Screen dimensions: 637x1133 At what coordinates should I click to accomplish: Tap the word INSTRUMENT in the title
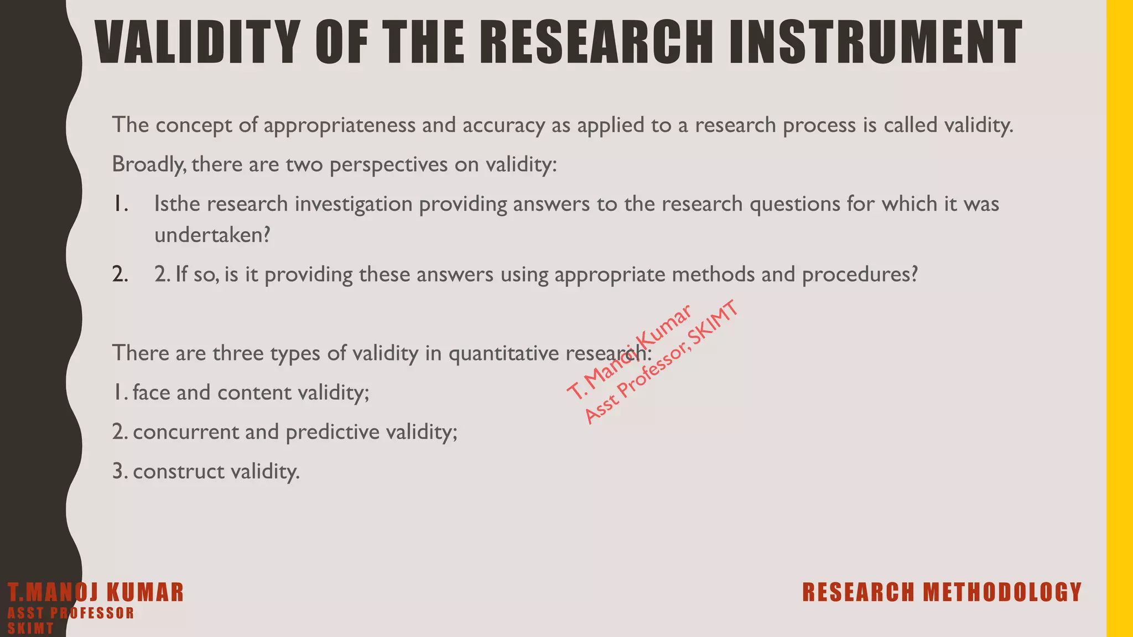point(875,43)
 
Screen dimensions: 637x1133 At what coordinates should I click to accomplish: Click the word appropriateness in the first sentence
point(339,125)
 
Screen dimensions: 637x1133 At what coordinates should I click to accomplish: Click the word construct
point(178,472)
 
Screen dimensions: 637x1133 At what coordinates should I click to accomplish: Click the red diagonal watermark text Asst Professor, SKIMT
point(662,363)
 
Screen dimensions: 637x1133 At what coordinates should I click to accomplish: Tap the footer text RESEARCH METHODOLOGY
point(942,592)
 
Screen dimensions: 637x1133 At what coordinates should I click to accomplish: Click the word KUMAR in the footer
point(144,592)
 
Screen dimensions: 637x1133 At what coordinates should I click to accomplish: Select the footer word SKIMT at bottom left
point(31,629)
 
